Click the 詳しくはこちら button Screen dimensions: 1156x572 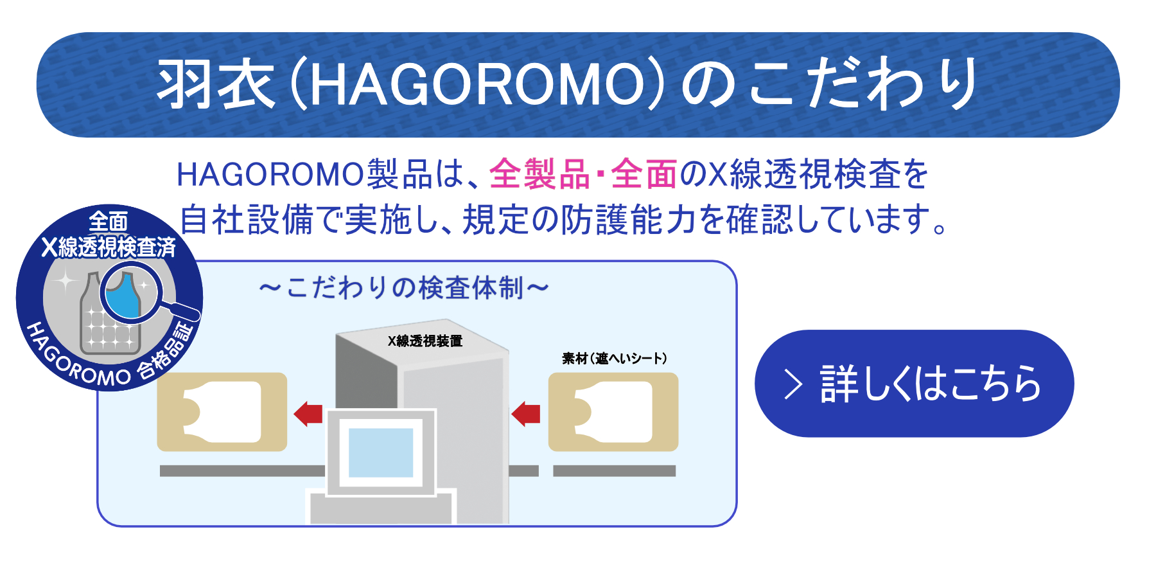(914, 384)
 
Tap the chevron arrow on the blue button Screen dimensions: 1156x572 (794, 384)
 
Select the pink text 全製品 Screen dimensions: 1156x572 (539, 174)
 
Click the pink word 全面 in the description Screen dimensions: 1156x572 (644, 174)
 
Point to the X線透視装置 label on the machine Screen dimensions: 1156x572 (425, 341)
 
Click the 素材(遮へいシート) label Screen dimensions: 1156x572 (615, 358)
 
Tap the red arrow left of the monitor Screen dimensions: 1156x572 (308, 413)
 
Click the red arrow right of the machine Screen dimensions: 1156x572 (526, 413)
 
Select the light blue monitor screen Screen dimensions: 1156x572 (381, 452)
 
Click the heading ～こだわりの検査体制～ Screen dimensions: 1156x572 (404, 288)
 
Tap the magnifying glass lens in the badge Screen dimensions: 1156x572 (130, 294)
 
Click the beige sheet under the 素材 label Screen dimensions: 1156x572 (613, 412)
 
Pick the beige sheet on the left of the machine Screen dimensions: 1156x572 (222, 412)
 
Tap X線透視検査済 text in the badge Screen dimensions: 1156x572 (109, 247)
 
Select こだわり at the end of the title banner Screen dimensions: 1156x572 (862, 84)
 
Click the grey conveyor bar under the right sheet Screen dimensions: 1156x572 (615, 471)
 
